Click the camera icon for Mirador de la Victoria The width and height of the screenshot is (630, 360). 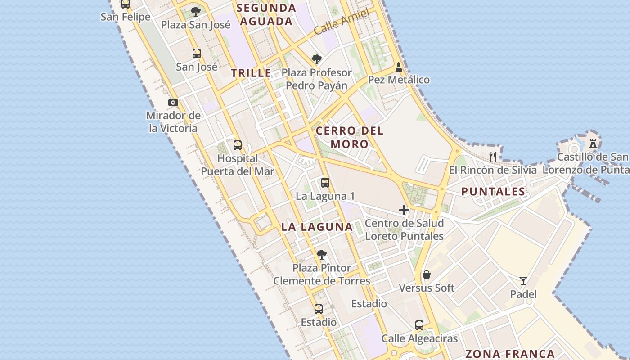click(x=173, y=103)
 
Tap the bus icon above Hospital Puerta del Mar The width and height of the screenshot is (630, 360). click(x=238, y=145)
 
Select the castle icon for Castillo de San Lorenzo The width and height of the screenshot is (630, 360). click(x=593, y=144)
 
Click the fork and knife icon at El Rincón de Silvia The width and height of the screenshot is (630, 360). click(x=493, y=157)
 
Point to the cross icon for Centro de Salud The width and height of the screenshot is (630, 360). click(x=404, y=210)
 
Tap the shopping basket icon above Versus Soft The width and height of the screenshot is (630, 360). click(x=427, y=274)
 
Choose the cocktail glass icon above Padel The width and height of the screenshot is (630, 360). click(x=523, y=281)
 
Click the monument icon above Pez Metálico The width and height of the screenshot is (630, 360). click(x=398, y=67)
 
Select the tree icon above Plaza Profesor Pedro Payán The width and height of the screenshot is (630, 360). click(x=317, y=59)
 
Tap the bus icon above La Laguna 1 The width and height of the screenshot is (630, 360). click(x=325, y=183)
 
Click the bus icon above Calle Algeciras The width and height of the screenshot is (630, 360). click(x=419, y=325)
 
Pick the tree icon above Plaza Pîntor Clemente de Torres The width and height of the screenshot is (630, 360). click(x=321, y=255)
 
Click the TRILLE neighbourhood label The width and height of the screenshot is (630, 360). click(x=251, y=73)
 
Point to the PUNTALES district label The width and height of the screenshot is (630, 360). click(x=493, y=192)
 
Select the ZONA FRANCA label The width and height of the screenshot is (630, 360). click(x=510, y=354)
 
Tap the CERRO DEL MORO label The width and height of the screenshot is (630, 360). click(x=350, y=137)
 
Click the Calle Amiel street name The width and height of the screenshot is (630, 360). click(x=342, y=22)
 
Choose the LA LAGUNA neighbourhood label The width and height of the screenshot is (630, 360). click(x=317, y=227)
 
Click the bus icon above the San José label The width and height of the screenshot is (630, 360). click(x=197, y=54)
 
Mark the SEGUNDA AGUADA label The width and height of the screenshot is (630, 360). click(x=266, y=14)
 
